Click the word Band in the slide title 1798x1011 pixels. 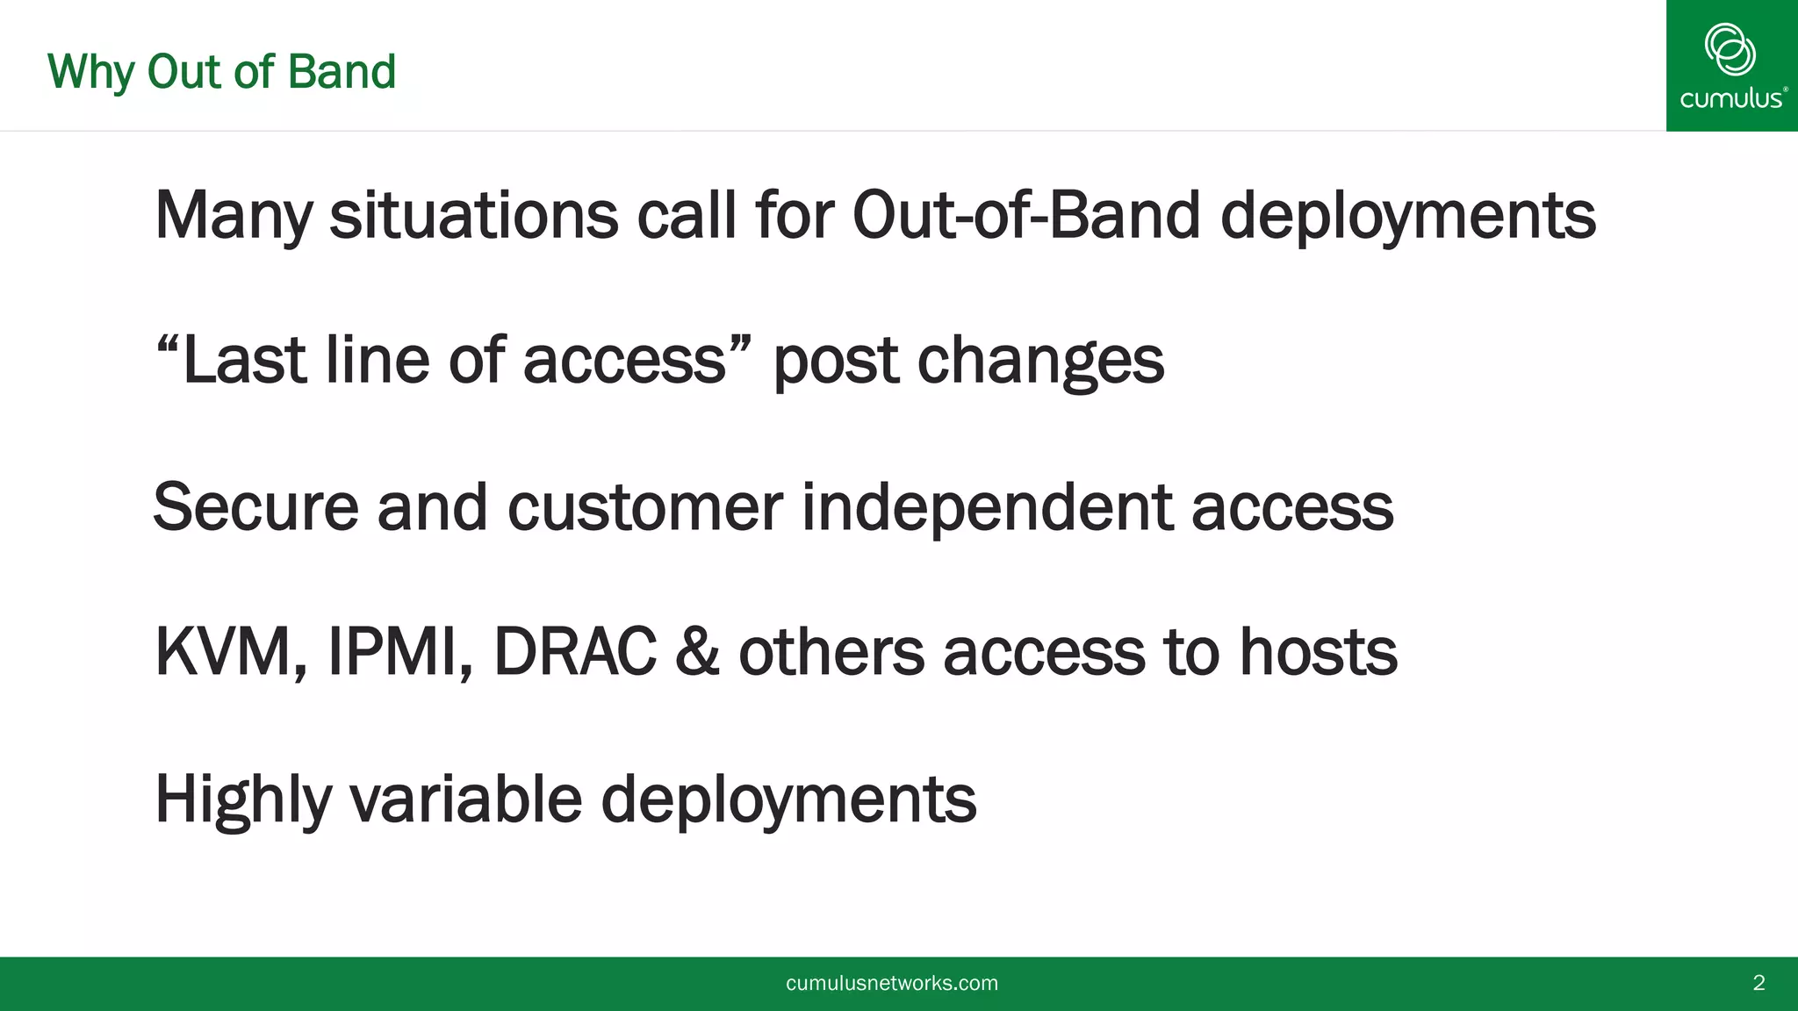(x=342, y=72)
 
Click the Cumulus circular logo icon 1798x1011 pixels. (x=1730, y=49)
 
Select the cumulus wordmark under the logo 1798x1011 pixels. (x=1730, y=98)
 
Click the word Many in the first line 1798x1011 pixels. (x=233, y=216)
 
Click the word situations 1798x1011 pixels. (x=473, y=216)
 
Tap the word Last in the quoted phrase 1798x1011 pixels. (x=243, y=361)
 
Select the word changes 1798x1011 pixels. (x=1040, y=361)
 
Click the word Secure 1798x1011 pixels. (x=255, y=507)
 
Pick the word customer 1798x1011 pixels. (x=644, y=507)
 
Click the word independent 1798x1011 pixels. (x=987, y=507)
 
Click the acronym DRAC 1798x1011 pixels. (x=575, y=653)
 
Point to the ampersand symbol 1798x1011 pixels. (x=697, y=653)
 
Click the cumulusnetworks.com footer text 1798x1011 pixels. (x=891, y=983)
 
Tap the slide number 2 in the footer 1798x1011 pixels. (x=1758, y=983)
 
